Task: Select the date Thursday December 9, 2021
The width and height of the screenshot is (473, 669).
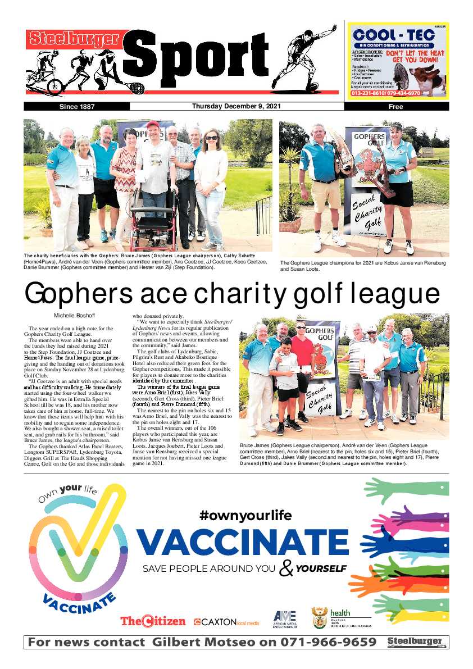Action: pyautogui.click(x=236, y=106)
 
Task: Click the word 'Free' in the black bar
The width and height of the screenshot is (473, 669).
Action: pyautogui.click(x=395, y=106)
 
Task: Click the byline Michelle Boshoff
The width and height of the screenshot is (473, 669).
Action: pyautogui.click(x=75, y=315)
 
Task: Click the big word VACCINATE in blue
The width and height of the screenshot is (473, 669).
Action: pyautogui.click(x=242, y=541)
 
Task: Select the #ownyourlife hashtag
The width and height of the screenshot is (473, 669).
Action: pyautogui.click(x=245, y=515)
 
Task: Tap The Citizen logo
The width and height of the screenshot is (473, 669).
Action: pyautogui.click(x=152, y=621)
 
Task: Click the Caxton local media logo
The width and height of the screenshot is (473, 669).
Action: pyautogui.click(x=226, y=622)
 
